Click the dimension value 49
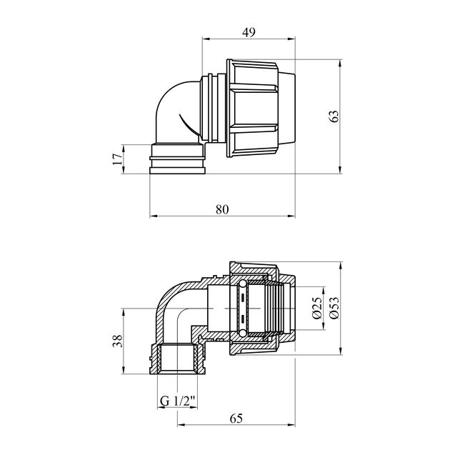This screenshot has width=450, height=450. [x=249, y=31]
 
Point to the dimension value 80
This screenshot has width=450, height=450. [x=222, y=209]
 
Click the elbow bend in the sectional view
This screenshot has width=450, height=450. [x=175, y=300]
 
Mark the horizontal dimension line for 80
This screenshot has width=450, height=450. [x=222, y=216]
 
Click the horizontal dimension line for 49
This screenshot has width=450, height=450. [x=249, y=39]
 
